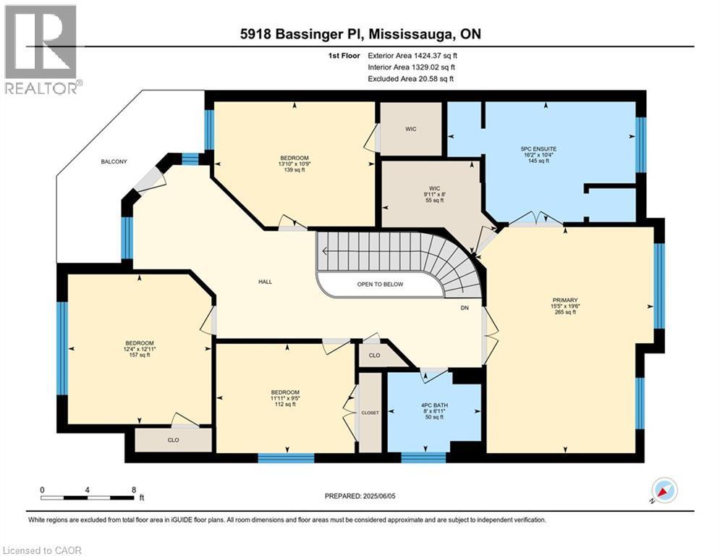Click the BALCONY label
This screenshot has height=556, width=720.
pyautogui.click(x=114, y=161)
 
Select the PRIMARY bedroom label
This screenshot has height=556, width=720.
pyautogui.click(x=566, y=300)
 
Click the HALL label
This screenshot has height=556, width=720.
pyautogui.click(x=266, y=282)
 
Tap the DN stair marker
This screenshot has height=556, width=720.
pyautogui.click(x=465, y=307)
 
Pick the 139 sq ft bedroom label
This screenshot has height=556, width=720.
pyautogui.click(x=295, y=159)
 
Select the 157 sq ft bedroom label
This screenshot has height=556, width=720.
pyautogui.click(x=140, y=343)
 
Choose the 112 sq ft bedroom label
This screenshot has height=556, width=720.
pyautogui.click(x=285, y=392)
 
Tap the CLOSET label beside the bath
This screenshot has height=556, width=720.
pyautogui.click(x=370, y=412)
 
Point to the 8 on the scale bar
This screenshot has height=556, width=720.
pyautogui.click(x=134, y=489)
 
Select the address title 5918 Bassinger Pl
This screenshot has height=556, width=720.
pyautogui.click(x=360, y=34)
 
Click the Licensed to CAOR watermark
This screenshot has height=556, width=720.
pyautogui.click(x=42, y=550)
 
